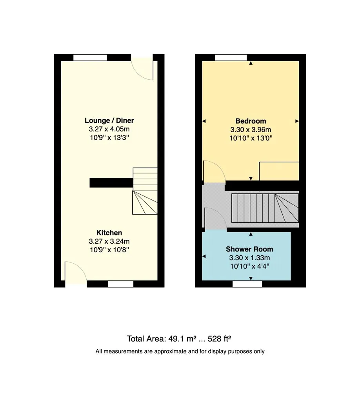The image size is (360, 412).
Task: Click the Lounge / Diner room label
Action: [x=109, y=120]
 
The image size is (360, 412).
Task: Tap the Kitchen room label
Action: [x=109, y=233]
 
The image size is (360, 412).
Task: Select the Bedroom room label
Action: [x=251, y=121]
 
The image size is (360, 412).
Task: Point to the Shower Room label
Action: [x=249, y=249]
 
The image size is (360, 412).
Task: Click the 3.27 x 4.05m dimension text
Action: [x=109, y=129]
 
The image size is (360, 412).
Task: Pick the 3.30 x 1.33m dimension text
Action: [x=249, y=258]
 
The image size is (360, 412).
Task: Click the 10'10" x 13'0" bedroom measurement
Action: [x=251, y=138]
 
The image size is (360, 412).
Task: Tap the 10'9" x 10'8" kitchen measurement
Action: [x=109, y=250]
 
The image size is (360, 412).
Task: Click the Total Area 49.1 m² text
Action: [x=162, y=339]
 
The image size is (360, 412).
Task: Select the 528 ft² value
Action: [x=219, y=339]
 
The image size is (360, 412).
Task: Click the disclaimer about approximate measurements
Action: [x=180, y=351]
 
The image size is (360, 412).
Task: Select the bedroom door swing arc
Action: [x=219, y=166]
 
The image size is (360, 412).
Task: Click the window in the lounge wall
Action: [x=90, y=58]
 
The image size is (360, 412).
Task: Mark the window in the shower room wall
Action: [x=247, y=284]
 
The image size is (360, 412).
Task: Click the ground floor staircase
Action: [x=145, y=191]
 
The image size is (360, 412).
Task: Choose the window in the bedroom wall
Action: [x=231, y=58]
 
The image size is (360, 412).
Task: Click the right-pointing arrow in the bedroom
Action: [x=297, y=121]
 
